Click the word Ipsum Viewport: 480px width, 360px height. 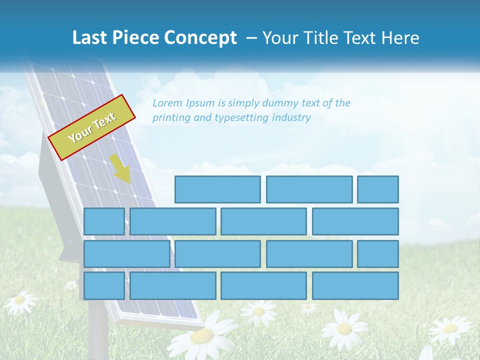201,103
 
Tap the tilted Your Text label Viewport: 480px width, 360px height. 92,127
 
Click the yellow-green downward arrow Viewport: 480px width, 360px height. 120,169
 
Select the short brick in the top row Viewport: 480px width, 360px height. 377,189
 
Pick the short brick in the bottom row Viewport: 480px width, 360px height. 104,285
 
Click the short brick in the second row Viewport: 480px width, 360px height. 104,221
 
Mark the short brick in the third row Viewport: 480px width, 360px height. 377,254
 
